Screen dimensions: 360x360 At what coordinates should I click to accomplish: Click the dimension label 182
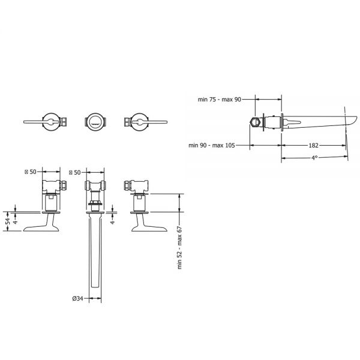pos(313,145)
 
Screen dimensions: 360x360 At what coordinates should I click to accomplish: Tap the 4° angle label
pos(314,158)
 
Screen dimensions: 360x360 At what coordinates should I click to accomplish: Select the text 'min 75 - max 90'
pos(220,100)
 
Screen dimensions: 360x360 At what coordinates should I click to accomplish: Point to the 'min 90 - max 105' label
pos(212,145)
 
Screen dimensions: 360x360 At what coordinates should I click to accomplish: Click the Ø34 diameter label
pos(77,298)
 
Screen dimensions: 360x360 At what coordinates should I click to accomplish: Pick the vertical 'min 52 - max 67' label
pos(179,247)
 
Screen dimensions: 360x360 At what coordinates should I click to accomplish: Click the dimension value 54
pos(8,221)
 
